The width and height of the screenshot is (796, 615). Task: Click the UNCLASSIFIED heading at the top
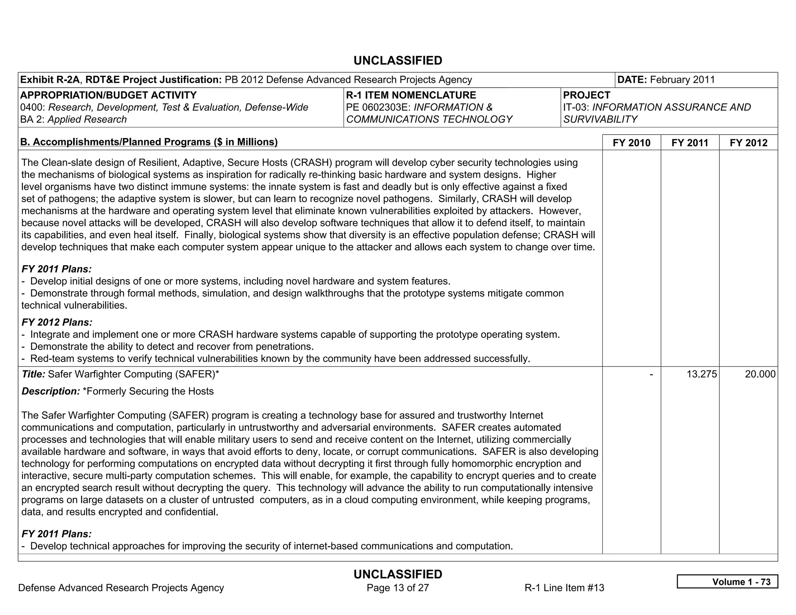[398, 61]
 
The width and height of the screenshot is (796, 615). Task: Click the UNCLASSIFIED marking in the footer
[398, 574]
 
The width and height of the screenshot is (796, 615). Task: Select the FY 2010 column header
[631, 143]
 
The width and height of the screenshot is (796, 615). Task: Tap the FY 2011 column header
[690, 143]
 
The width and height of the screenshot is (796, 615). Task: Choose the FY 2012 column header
[749, 143]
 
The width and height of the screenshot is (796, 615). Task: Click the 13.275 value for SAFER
[702, 374]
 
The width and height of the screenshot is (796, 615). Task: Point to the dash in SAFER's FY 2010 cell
[651, 374]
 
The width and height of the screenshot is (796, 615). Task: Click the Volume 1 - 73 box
[727, 582]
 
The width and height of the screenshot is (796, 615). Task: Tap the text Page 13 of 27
[398, 588]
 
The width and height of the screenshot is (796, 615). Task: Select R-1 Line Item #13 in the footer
[564, 588]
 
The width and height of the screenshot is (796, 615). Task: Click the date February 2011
[682, 80]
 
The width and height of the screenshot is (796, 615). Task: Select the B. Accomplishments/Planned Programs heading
[149, 142]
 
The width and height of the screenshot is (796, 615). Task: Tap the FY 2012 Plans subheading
[57, 322]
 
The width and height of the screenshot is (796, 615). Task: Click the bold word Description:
[51, 391]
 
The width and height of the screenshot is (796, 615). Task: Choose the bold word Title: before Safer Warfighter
[33, 374]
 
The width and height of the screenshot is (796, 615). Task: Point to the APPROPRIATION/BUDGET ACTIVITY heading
[108, 95]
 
